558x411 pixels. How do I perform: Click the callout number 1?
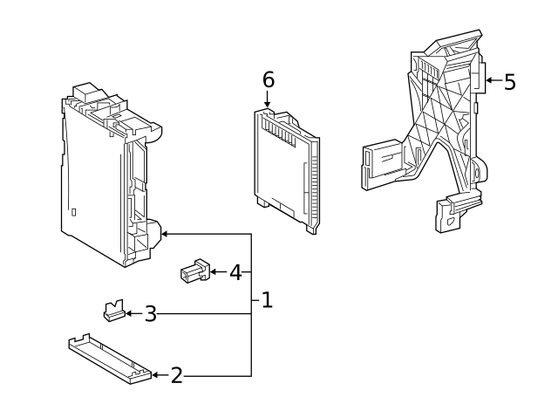click(x=267, y=300)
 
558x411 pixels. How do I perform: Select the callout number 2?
click(x=177, y=375)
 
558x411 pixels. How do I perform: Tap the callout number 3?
click(x=151, y=314)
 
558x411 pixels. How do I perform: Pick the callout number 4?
click(x=235, y=272)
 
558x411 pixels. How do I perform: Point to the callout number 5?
click(x=510, y=82)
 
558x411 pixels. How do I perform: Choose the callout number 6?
click(x=269, y=79)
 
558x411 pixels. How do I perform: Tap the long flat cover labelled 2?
click(x=110, y=359)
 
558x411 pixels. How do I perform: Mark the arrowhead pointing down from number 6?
click(x=268, y=104)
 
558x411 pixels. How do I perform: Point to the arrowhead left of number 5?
click(x=489, y=80)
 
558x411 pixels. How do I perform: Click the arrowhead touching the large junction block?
click(x=165, y=234)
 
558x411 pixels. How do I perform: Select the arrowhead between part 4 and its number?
click(x=214, y=272)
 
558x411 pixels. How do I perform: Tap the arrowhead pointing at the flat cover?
click(x=155, y=375)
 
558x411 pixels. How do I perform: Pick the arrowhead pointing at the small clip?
click(x=129, y=313)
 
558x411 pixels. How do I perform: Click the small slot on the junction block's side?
click(x=73, y=212)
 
